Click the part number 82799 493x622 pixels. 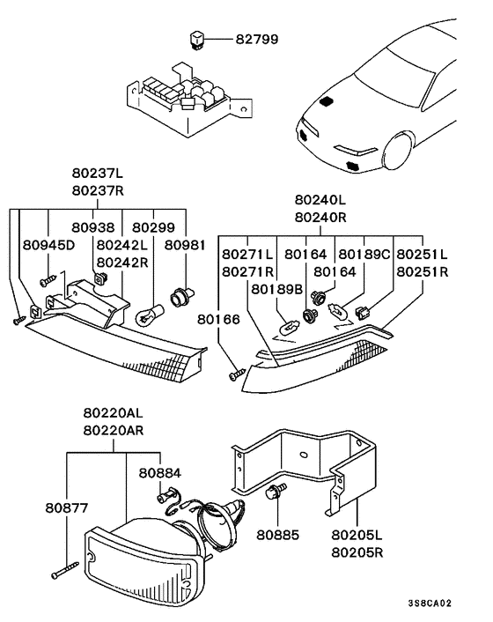point(257,40)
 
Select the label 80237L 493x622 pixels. point(98,174)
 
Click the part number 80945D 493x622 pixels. point(48,245)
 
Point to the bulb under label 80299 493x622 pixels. point(150,315)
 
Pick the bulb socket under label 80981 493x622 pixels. point(182,297)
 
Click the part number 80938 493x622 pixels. point(93,227)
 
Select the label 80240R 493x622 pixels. point(320,218)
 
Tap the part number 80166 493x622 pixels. point(218,319)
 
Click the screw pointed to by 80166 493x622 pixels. point(238,374)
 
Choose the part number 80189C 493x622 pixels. point(364,255)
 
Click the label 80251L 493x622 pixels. point(422,255)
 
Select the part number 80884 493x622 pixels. point(159,473)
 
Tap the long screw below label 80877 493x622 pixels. point(65,570)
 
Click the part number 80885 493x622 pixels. point(277,535)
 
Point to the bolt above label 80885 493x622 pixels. point(276,491)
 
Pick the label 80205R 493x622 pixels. point(357,552)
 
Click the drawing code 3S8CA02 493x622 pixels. point(430,603)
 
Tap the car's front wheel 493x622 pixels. point(397,152)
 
